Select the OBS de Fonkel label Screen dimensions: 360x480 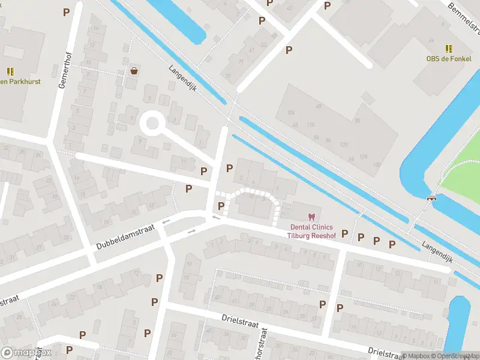coord(449,59)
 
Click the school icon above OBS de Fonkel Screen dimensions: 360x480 coord(449,49)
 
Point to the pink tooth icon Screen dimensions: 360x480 coord(311,217)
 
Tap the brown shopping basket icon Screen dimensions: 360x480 coord(134,70)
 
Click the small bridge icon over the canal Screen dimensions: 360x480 coord(431,197)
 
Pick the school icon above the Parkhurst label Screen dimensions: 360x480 coord(10,71)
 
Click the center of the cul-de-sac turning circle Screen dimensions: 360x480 coord(152,124)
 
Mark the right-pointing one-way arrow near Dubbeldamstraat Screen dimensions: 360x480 coord(192,231)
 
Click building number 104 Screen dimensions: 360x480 coord(292,113)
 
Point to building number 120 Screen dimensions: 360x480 coord(344,145)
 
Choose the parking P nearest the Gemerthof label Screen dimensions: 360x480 coord(66,12)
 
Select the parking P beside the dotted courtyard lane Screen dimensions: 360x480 coord(221,206)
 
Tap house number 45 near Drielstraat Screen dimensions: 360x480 coord(217,298)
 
